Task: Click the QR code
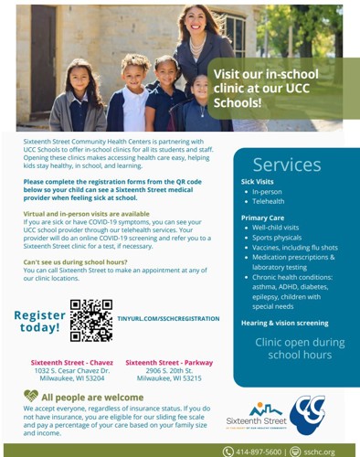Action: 90,320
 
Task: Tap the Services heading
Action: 287,165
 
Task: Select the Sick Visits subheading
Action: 258,182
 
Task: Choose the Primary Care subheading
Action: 263,218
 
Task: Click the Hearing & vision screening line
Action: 285,323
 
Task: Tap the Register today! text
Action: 40,321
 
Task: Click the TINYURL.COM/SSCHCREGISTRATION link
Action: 168,319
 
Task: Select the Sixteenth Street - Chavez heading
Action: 60,362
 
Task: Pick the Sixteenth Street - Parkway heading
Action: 163,362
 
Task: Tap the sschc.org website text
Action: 320,451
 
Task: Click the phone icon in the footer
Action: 228,451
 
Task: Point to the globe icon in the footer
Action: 295,451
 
